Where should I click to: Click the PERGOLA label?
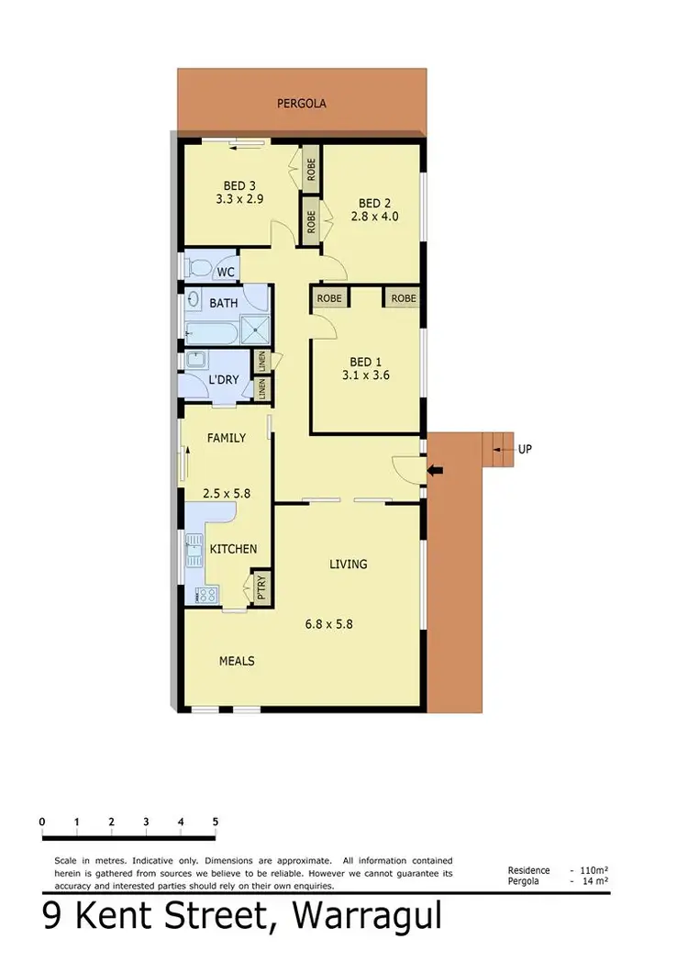click(x=302, y=104)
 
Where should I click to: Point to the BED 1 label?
click(x=368, y=362)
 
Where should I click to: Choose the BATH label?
click(x=224, y=303)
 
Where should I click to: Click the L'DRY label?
click(x=224, y=379)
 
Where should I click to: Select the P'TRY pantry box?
click(x=261, y=586)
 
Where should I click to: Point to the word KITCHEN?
click(x=233, y=549)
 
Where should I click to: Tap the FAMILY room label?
click(x=226, y=438)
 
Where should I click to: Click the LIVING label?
click(x=349, y=564)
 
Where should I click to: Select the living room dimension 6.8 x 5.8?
click(x=329, y=624)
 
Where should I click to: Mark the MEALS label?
click(x=236, y=661)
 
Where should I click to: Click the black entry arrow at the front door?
click(x=436, y=472)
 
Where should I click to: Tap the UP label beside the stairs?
click(x=525, y=450)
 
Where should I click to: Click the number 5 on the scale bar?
click(x=215, y=822)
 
